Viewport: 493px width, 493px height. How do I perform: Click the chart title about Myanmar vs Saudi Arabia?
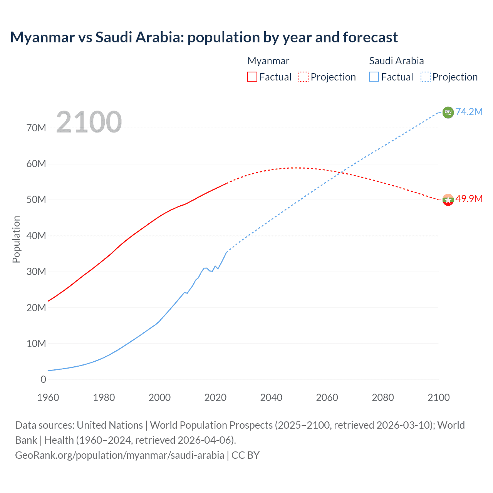point(204,37)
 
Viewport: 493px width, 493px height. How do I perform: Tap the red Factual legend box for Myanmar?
point(252,77)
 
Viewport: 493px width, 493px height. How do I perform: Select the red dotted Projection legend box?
point(304,77)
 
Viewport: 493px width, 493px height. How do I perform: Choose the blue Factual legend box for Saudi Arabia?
point(374,77)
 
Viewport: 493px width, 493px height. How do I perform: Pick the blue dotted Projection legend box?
point(426,77)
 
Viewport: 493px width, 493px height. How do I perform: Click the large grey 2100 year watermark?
point(89,122)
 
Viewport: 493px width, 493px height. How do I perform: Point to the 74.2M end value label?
point(469,112)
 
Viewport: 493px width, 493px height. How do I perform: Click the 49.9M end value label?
point(469,199)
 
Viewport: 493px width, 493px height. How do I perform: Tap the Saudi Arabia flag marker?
point(448,112)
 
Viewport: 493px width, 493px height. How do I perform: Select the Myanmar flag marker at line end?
point(448,200)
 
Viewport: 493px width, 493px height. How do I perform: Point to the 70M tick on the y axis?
point(36,128)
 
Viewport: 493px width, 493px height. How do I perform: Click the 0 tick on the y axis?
point(43,379)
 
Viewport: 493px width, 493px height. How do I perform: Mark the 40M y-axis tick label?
point(36,236)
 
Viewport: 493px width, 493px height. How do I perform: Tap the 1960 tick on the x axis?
point(48,397)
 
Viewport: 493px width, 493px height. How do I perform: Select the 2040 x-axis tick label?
point(271,397)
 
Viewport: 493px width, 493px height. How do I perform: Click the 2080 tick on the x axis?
point(383,397)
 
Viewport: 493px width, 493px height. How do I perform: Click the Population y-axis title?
point(16,239)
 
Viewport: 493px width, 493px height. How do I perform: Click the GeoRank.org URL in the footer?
point(119,455)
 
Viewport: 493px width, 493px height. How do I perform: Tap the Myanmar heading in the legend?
point(268,61)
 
